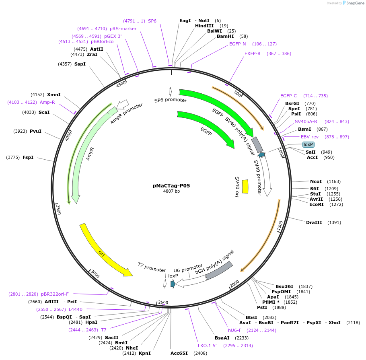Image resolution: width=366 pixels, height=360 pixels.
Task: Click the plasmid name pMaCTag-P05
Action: (x=171, y=186)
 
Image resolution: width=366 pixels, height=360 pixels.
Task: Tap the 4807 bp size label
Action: (x=171, y=191)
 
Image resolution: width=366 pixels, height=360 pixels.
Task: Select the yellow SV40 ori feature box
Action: (x=245, y=186)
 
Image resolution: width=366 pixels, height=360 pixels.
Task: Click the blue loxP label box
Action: (x=308, y=144)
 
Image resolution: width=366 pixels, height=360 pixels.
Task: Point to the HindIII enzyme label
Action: (x=204, y=26)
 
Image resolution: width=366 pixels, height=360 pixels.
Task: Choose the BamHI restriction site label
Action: (x=225, y=36)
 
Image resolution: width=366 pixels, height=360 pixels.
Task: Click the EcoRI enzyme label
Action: (x=317, y=204)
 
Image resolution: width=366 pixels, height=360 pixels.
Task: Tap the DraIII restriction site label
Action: (x=314, y=222)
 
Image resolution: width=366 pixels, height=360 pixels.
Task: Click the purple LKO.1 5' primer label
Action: (x=207, y=346)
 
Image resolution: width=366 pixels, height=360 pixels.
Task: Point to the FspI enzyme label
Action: (x=28, y=157)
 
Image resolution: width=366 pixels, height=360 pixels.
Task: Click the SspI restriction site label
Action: (x=80, y=64)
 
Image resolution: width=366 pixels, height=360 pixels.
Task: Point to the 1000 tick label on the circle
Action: (x=281, y=153)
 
